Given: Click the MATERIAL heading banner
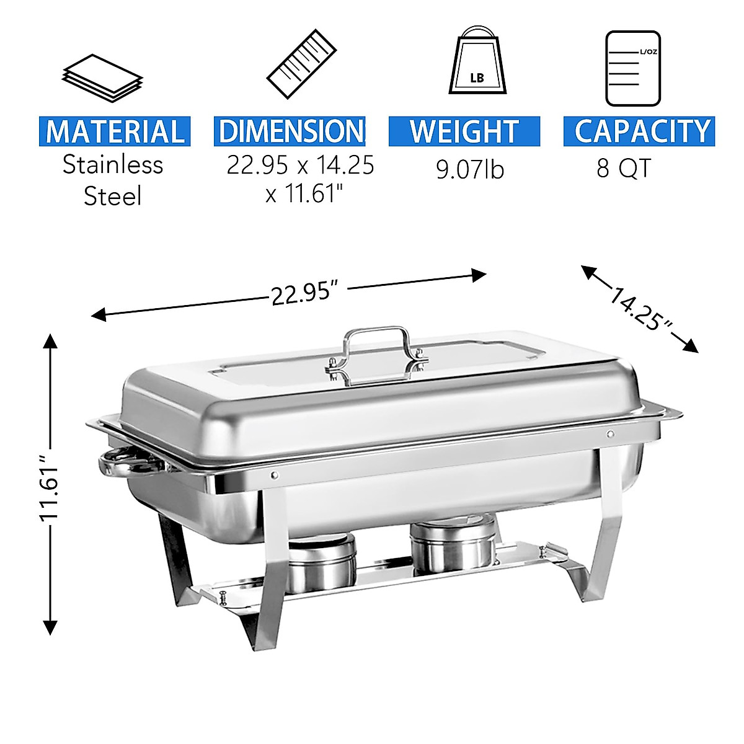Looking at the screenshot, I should pyautogui.click(x=115, y=131).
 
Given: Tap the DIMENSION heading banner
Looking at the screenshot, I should pyautogui.click(x=290, y=131).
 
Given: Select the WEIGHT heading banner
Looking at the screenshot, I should pyautogui.click(x=464, y=131).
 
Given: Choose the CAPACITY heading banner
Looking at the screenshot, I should pyautogui.click(x=640, y=131).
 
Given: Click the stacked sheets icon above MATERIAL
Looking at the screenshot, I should pyautogui.click(x=102, y=77).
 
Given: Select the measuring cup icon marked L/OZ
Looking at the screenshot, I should pyautogui.click(x=632, y=68).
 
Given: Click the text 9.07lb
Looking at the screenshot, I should pyautogui.click(x=470, y=169).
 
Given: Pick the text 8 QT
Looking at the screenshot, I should pyautogui.click(x=624, y=168).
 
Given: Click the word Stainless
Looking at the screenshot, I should pyautogui.click(x=113, y=165).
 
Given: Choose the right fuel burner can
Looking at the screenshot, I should pyautogui.click(x=454, y=544).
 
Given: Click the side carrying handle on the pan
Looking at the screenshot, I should pyautogui.click(x=124, y=464).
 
